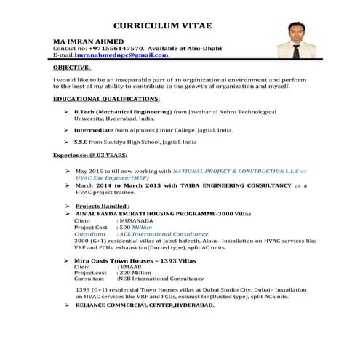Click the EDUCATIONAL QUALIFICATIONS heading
(x=107, y=98)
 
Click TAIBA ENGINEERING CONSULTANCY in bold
(x=244, y=186)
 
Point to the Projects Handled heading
(x=102, y=207)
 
